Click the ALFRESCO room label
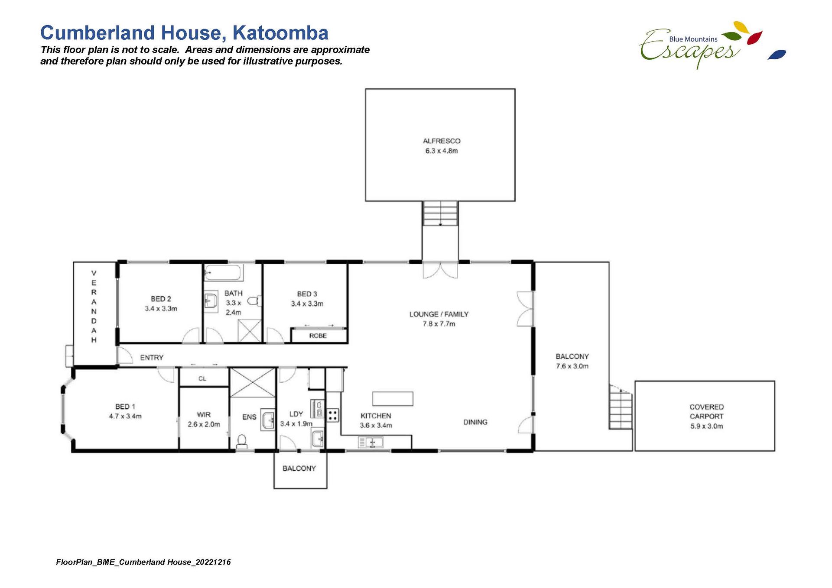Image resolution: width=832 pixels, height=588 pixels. click(442, 141)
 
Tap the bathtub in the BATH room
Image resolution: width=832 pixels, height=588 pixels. click(222, 273)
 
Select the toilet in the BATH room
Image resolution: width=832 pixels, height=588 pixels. click(254, 300)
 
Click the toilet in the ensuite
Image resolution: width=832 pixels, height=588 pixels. click(242, 441)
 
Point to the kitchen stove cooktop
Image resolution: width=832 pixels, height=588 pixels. click(333, 416)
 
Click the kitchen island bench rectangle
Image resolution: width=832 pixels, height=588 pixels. click(393, 398)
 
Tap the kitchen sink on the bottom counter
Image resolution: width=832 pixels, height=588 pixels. click(370, 442)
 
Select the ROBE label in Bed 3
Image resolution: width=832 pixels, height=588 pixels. click(318, 336)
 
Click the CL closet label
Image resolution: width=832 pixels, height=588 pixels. click(202, 378)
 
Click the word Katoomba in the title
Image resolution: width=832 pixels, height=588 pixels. click(280, 33)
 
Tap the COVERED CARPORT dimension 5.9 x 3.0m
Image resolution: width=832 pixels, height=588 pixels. click(707, 426)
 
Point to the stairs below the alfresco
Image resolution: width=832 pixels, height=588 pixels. click(440, 213)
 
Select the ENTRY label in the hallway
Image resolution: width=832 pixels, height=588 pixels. click(152, 358)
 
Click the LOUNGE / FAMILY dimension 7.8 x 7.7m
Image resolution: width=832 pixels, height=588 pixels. click(439, 324)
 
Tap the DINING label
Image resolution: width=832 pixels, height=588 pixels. click(475, 422)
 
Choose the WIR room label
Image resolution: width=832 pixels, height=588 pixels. click(204, 415)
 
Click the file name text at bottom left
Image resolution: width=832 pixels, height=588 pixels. click(143, 562)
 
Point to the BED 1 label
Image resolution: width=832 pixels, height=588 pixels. click(125, 407)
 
